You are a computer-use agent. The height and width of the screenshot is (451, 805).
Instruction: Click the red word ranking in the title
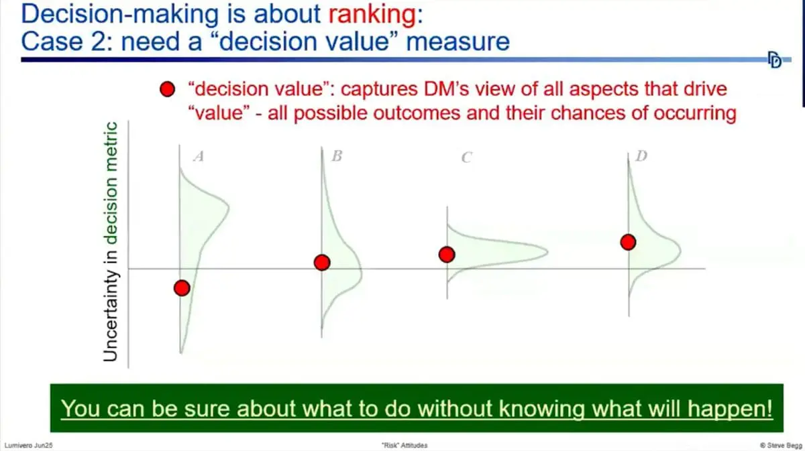point(366,13)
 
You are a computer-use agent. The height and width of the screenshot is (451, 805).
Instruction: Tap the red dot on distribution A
point(182,288)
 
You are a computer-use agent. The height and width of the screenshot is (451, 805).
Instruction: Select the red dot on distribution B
point(322,263)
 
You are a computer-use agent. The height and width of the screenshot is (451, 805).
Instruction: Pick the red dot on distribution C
point(447,255)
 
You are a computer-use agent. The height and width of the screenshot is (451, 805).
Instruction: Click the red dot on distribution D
point(628,242)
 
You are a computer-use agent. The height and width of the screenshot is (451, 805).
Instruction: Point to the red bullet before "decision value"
point(169,90)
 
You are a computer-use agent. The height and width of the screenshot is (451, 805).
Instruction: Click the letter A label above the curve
point(198,157)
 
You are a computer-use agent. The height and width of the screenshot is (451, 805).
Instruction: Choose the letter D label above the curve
point(641,157)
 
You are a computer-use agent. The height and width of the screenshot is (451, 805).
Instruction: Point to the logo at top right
point(775,60)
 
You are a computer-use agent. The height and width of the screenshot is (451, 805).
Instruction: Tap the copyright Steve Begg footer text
point(776,444)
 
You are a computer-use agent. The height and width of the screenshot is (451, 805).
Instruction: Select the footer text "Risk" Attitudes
point(402,444)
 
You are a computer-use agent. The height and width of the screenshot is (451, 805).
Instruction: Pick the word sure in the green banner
point(201,408)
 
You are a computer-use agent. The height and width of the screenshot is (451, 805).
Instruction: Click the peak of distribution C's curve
point(546,252)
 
